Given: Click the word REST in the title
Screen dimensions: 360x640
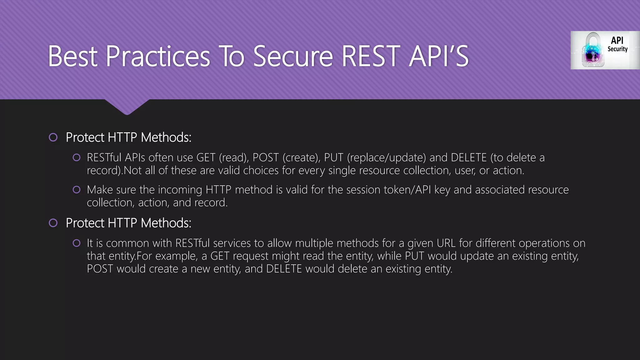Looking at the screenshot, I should [371, 56].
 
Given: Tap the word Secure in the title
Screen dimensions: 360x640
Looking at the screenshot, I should [293, 56].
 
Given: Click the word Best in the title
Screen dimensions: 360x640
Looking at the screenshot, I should [73, 56].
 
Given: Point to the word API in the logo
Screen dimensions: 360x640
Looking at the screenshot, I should [617, 40].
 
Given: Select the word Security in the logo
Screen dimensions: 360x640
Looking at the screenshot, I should [617, 49].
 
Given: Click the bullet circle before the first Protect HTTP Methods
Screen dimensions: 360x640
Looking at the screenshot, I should [53, 137].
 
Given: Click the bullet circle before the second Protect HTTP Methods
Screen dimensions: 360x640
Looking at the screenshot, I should [53, 223].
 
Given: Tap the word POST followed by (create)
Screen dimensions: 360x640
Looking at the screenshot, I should [265, 157].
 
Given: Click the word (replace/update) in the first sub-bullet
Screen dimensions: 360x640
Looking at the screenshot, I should [386, 157].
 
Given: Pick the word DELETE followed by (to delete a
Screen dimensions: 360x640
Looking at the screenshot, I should [469, 157].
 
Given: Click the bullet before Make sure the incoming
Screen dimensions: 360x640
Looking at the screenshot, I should [77, 190].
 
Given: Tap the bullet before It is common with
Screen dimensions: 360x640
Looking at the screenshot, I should [77, 243].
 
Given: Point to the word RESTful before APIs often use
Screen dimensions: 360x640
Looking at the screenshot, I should [104, 157].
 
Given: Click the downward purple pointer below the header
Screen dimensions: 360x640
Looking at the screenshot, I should [127, 107].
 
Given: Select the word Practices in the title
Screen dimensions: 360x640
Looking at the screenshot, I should [158, 56].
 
